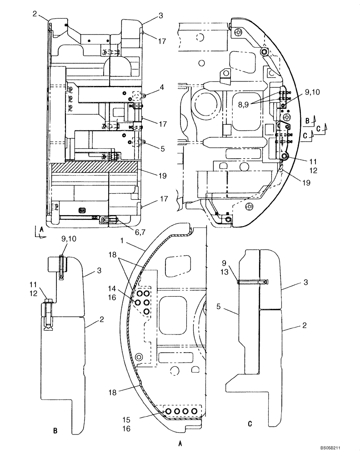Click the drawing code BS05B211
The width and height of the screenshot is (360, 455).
tap(340, 447)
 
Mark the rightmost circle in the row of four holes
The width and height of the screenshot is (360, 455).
tap(195, 411)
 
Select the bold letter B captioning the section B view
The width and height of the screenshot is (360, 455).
tap(55, 430)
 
